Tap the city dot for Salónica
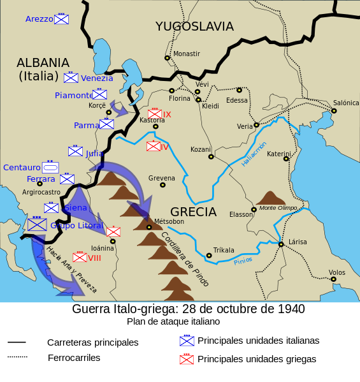tap(333, 111)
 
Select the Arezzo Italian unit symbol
tap(61, 19)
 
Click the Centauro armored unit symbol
tap(50, 167)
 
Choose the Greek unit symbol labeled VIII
tap(80, 258)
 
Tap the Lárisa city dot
tap(280, 244)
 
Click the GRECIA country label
tap(193, 212)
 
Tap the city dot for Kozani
tap(211, 157)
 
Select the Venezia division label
tap(97, 78)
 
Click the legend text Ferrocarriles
tap(74, 358)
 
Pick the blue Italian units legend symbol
tap(186, 341)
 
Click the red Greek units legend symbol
tap(186, 359)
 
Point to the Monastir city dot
tap(167, 57)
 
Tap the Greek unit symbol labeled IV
tap(153, 146)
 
